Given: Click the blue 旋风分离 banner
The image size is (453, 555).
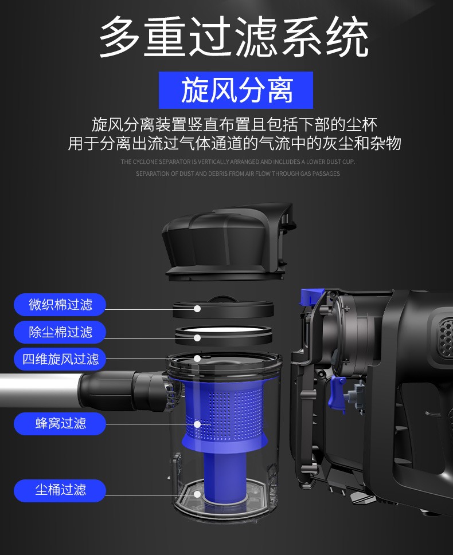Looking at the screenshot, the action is (236, 90).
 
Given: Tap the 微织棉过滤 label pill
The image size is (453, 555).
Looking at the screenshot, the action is (60, 304).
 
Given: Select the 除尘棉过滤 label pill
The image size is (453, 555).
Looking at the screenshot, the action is (60, 332).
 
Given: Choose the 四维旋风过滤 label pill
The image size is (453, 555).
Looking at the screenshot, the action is (60, 359).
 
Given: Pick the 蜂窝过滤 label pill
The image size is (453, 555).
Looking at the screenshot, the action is (60, 423).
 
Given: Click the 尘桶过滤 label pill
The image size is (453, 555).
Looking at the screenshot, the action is (60, 490).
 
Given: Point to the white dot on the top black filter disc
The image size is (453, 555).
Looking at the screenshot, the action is (197, 309).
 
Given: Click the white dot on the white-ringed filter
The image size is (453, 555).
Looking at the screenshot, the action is (197, 338).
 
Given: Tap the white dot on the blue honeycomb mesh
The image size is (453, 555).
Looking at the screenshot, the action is (197, 424).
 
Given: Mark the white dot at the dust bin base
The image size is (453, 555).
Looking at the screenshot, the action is (197, 494).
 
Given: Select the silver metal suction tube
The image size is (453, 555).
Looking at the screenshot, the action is (40, 391).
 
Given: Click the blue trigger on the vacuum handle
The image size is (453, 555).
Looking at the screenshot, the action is (337, 393).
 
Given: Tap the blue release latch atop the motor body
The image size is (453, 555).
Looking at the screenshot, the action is (312, 297).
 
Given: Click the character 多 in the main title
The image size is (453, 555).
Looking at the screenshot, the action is (119, 36).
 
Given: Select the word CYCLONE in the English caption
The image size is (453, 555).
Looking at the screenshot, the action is (145, 162).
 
